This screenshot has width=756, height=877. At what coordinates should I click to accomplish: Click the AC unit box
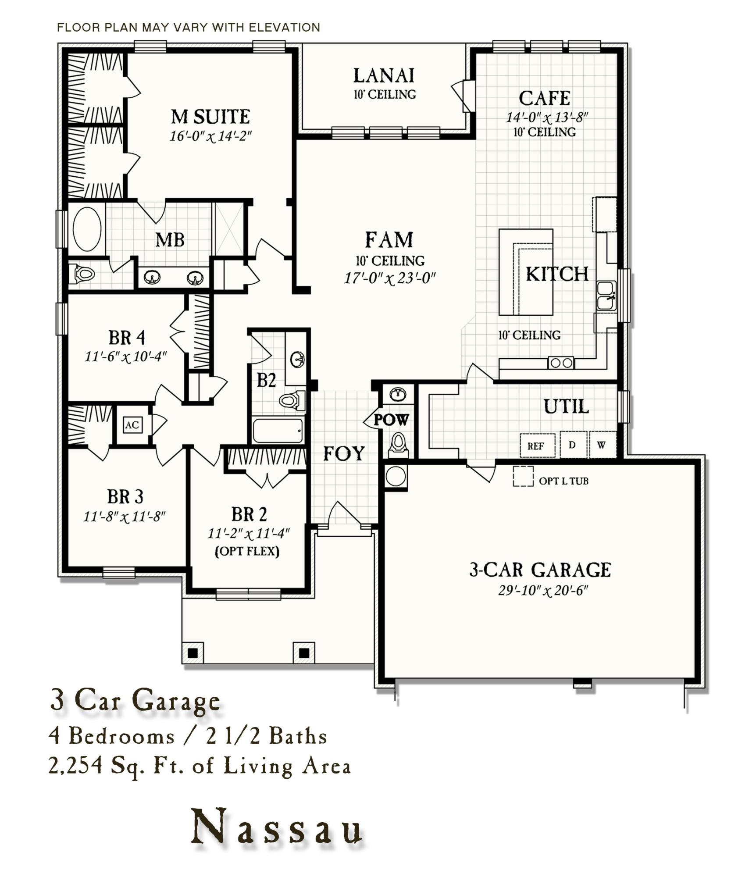(x=132, y=424)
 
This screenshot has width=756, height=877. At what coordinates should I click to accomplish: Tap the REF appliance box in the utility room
(x=537, y=446)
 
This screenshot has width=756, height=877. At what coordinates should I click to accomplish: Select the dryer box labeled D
(x=572, y=445)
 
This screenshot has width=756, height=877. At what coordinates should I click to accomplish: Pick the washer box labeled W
(x=601, y=445)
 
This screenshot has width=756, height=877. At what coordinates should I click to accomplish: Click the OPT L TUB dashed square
(x=523, y=476)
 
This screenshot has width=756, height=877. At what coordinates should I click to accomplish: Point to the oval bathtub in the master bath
(x=87, y=229)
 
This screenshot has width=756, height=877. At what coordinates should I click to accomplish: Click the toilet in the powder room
(x=398, y=444)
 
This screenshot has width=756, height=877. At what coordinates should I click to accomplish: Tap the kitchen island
(x=525, y=272)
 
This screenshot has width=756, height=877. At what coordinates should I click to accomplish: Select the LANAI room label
(x=384, y=75)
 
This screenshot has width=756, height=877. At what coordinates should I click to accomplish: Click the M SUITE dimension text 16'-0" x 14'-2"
(x=210, y=136)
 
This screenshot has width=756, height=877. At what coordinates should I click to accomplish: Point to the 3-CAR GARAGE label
(x=540, y=570)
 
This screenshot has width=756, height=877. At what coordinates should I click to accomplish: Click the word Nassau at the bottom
(x=278, y=827)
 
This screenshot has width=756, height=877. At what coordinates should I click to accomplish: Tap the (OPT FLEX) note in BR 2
(x=247, y=551)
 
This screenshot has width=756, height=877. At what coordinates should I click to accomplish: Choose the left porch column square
(x=193, y=653)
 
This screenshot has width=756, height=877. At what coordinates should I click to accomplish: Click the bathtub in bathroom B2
(x=278, y=431)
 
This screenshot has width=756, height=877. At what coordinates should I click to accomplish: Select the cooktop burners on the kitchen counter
(x=561, y=363)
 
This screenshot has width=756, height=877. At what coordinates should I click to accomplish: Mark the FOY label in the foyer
(x=344, y=453)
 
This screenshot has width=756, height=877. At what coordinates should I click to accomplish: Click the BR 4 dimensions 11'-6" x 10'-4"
(x=126, y=357)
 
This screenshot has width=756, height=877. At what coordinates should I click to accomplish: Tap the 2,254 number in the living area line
(x=75, y=766)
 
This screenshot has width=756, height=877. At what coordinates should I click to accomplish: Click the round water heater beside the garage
(x=396, y=476)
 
